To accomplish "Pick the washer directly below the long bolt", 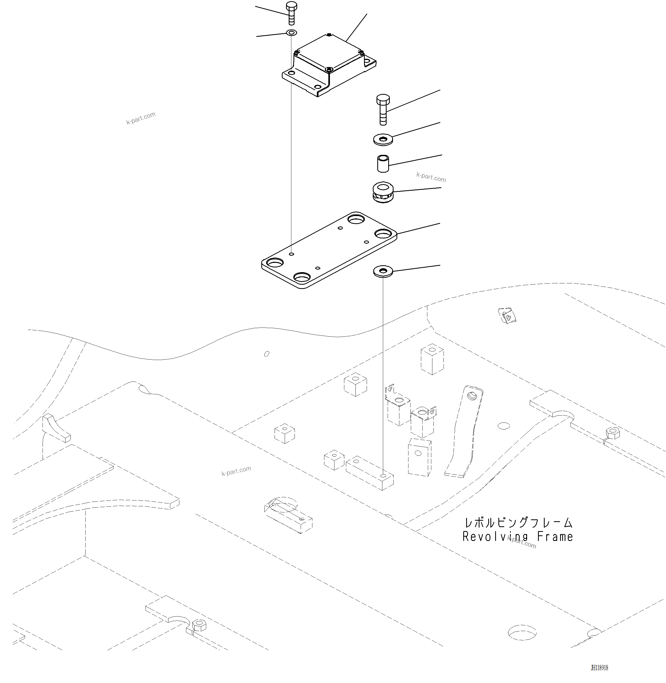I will [383, 139].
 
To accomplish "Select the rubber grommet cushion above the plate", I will [383, 192].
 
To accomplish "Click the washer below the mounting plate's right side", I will [383, 271].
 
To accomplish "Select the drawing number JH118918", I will [599, 668].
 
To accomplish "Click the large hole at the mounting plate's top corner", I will [356, 220].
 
